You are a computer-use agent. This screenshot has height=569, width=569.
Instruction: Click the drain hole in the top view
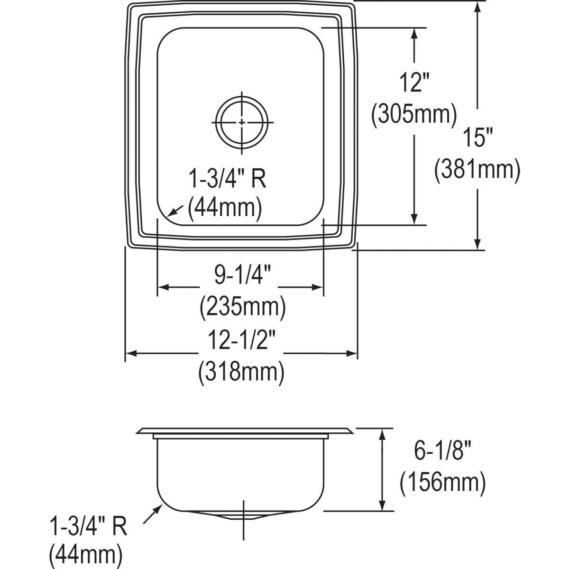[242, 122]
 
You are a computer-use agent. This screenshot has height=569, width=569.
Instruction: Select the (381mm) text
[477, 169]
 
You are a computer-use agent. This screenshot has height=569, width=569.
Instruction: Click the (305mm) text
[414, 115]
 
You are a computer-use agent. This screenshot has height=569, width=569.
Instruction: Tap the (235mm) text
[242, 307]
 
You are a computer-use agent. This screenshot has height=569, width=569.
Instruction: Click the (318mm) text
[241, 372]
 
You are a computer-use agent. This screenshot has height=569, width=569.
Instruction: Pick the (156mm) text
[442, 484]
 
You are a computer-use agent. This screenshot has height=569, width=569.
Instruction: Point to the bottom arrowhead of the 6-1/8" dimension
[382, 505]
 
